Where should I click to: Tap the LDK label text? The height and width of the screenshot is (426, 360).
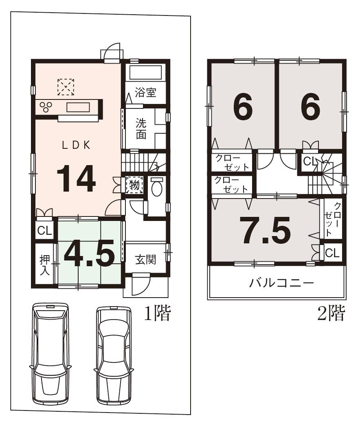pyautogui.click(x=76, y=145)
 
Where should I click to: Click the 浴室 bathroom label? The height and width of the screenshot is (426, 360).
pyautogui.click(x=145, y=93)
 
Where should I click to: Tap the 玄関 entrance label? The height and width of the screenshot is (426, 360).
pyautogui.click(x=145, y=260)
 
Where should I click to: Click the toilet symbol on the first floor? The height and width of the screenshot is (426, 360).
pyautogui.click(x=157, y=188)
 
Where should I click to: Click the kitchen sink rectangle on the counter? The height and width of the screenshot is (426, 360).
pyautogui.click(x=78, y=107)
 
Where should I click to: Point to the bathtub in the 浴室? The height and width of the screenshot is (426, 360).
pyautogui.click(x=145, y=73)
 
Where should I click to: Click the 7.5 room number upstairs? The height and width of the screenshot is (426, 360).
pyautogui.click(x=265, y=230)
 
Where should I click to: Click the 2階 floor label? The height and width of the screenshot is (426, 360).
pyautogui.click(x=331, y=313)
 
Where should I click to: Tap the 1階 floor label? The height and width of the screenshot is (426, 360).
pyautogui.click(x=157, y=313)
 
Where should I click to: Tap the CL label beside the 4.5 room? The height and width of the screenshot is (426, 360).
pyautogui.click(x=44, y=231)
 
